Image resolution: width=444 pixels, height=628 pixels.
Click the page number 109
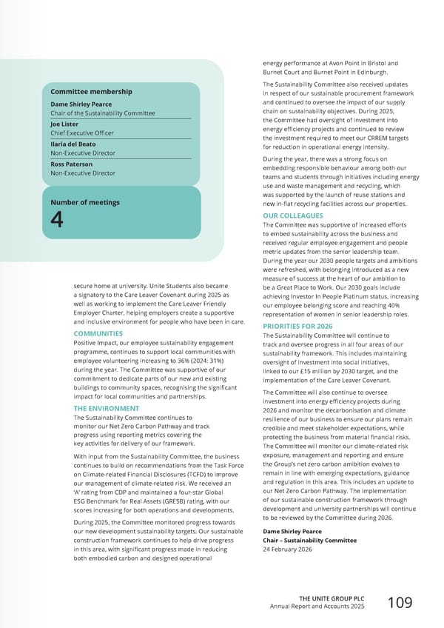(401, 604)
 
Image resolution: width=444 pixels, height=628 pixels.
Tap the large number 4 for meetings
(57, 219)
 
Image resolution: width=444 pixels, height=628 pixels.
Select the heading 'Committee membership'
(91, 91)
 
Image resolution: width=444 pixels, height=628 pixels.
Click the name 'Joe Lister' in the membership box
(64, 124)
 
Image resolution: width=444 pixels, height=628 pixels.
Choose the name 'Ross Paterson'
(71, 164)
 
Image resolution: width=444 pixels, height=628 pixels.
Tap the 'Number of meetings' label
(84, 202)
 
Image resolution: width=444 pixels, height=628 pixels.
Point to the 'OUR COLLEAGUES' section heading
(295, 216)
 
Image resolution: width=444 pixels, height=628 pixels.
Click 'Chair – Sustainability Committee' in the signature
(309, 540)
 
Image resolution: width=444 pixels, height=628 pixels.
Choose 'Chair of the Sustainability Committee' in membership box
(103, 113)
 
